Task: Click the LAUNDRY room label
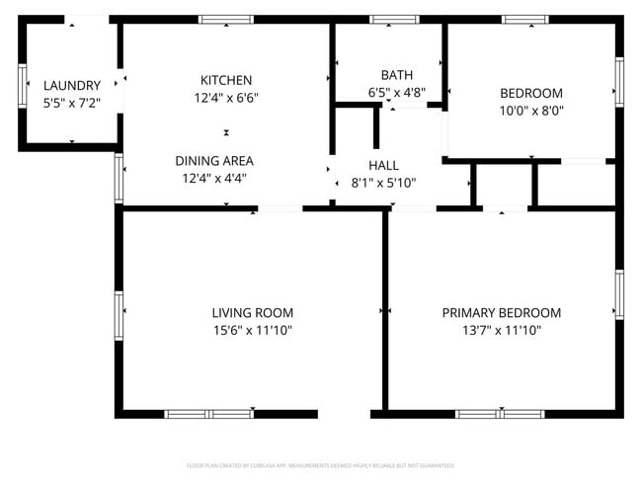pos(71,86)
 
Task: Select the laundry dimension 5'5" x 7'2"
pos(71,103)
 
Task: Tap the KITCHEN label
pos(226,80)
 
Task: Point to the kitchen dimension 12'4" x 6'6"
pos(226,98)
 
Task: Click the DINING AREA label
pos(214,161)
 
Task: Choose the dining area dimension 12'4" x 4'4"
pos(214,179)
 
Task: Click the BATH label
pos(396,75)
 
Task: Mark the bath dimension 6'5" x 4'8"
pos(396,93)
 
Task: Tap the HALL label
pos(383,165)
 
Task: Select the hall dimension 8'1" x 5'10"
pos(383,183)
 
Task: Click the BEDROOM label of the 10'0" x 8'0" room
pos(531,94)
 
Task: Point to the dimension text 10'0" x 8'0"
pos(531,112)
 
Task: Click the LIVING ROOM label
pos(253,313)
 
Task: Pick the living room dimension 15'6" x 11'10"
pos(253,331)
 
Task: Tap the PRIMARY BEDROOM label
pos(501,313)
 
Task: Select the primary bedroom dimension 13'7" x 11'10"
pos(501,331)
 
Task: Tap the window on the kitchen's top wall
pos(225,19)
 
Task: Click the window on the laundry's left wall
pos(22,85)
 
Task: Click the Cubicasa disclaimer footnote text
pos(321,465)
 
